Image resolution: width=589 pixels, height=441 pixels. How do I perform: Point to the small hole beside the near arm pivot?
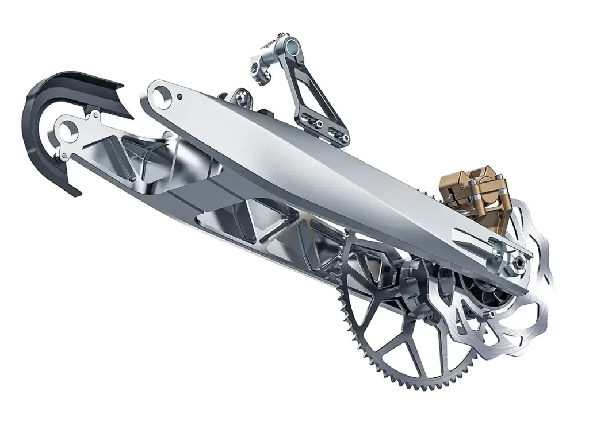(x=181, y=96)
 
